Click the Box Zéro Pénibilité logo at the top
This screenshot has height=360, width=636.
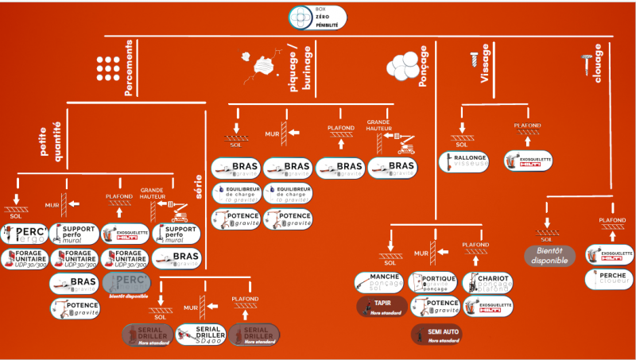(317, 17)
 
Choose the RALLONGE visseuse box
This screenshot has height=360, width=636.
(463, 161)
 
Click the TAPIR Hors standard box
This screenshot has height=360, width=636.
(382, 306)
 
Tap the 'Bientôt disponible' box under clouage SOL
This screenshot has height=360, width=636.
(549, 255)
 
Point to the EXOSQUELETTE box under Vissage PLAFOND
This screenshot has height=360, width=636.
(529, 161)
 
